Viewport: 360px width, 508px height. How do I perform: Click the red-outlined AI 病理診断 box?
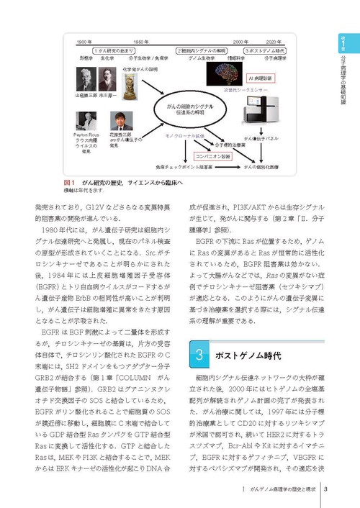(x=259, y=77)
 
